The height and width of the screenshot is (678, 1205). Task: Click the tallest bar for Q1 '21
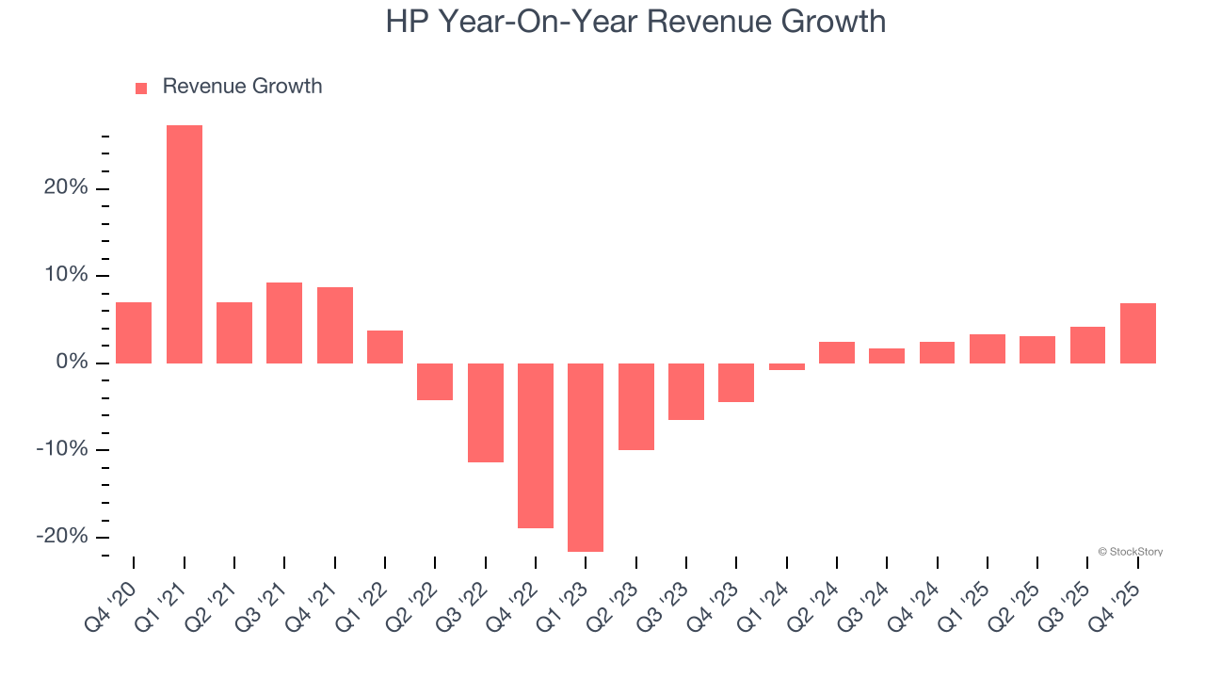pos(185,244)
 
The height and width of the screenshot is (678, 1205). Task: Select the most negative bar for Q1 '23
pos(586,458)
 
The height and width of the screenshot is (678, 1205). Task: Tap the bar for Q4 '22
pos(536,445)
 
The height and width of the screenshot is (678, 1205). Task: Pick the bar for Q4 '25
pos(1138,333)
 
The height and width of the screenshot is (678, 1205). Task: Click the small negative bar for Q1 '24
pos(787,366)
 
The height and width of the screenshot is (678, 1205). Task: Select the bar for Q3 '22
pos(486,412)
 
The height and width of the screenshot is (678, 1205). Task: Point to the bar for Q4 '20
pos(134,332)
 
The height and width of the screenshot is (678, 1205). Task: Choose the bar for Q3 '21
pos(284,323)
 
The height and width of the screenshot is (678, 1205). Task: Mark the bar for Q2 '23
pos(636,407)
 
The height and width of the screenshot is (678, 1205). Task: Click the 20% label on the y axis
pos(65,188)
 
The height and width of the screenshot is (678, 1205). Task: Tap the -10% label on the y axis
pos(62,449)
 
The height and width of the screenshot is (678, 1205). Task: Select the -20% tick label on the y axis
pos(62,536)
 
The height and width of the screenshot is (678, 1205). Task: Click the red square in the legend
pos(141,88)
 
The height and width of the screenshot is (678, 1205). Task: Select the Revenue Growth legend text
pos(242,87)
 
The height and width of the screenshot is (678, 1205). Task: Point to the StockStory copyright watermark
pos(1130,552)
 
